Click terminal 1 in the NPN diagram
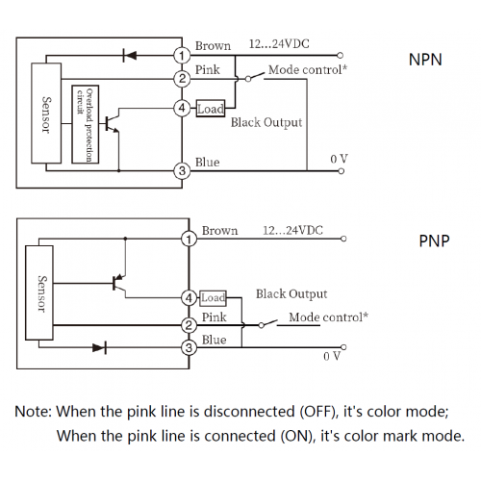(182, 56)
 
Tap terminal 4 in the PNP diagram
(189, 298)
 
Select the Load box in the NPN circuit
(211, 109)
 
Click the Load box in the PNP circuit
(214, 298)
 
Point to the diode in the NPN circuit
(130, 55)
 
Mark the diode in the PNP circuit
(99, 347)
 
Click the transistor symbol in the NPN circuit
(113, 123)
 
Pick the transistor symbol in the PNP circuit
(119, 284)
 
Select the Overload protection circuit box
(86, 124)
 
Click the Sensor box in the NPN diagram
(46, 114)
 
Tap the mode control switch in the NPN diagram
(255, 77)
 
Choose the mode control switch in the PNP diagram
(268, 324)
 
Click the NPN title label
(425, 60)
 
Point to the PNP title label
(434, 240)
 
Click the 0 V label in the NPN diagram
(339, 159)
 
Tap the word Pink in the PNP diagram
(214, 317)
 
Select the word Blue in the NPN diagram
(208, 163)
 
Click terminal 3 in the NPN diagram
(182, 170)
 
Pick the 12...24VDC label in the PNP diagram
(292, 230)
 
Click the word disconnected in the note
(249, 412)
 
